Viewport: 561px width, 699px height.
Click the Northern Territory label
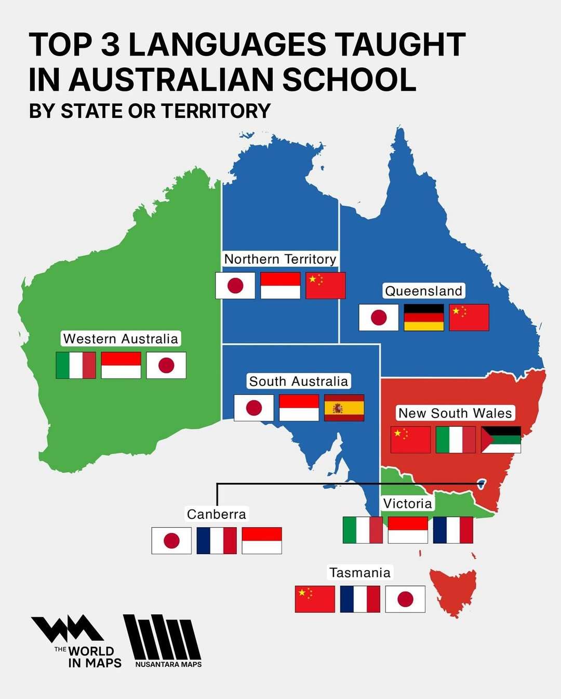pos(280,259)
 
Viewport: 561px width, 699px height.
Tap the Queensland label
pos(423,291)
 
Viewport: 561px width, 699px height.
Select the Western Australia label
pos(121,339)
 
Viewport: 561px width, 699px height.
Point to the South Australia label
pos(298,381)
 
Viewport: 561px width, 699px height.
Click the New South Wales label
pos(455,413)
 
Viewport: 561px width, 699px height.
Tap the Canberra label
pos(216,514)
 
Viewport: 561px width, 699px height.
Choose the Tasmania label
pos(359,572)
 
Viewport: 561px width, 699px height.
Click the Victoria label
pos(407,503)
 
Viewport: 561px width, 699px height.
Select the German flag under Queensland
pos(424,317)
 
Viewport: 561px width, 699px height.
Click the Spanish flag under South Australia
pos(344,408)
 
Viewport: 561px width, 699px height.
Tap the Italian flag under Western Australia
pos(76,365)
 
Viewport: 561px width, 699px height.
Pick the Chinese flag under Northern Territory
pos(325,286)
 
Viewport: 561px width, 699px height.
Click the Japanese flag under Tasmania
pos(405,599)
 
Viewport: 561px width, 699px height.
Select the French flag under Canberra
pos(217,541)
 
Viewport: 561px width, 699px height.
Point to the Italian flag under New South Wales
pos(456,440)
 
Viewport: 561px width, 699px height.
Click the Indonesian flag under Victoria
pos(408,530)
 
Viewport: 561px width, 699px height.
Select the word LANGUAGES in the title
pos(227,45)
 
